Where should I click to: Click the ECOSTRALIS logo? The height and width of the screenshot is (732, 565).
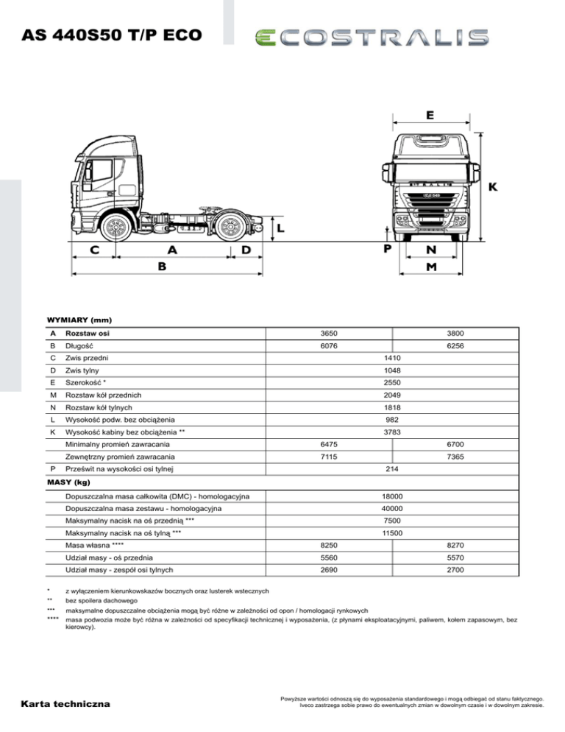[371, 39]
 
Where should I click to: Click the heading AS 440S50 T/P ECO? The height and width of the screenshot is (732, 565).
[112, 35]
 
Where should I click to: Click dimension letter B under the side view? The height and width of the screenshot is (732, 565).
[166, 268]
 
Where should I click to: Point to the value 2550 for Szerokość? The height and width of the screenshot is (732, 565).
[391, 383]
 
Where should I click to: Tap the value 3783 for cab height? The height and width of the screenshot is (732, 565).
[391, 432]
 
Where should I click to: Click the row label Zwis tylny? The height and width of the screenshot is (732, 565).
[82, 370]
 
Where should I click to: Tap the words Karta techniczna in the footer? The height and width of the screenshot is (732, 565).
[66, 705]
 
